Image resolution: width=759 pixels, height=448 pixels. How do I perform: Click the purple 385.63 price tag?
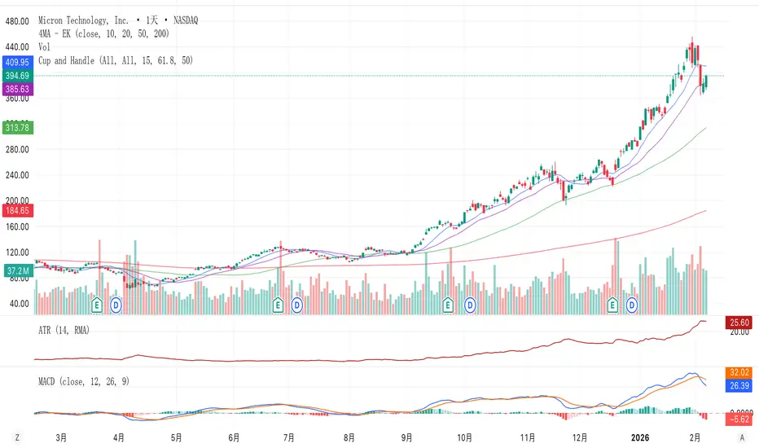tap(16, 88)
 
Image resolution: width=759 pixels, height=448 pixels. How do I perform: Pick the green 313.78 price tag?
tap(16, 127)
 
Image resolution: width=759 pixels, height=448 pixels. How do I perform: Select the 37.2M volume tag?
tap(16, 270)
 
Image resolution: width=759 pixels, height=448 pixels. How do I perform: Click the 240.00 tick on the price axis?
tap(16, 174)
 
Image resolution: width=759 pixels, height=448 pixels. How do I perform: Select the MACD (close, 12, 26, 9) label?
tap(84, 380)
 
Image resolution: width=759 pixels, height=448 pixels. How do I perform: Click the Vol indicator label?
tap(46, 47)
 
